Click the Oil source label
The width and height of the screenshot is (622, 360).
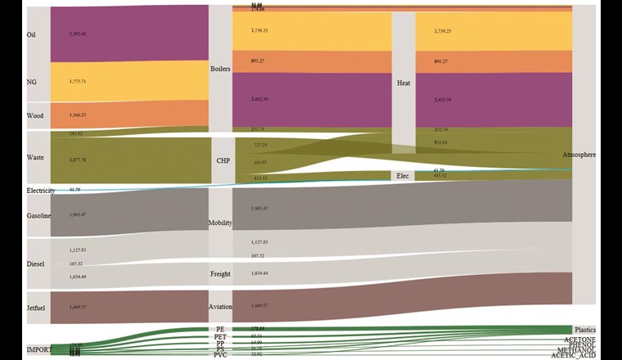click(x=31, y=35)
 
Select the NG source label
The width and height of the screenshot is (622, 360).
click(x=31, y=82)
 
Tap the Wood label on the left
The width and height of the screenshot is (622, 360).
click(x=34, y=115)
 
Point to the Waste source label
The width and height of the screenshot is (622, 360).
click(x=34, y=157)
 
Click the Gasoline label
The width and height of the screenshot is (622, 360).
click(x=38, y=215)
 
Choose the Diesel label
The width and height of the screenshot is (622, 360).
click(x=35, y=264)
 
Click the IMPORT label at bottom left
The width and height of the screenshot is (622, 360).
click(x=38, y=349)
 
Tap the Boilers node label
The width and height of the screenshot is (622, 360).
click(x=220, y=69)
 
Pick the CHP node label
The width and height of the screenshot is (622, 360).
click(x=223, y=160)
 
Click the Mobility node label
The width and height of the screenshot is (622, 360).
click(x=221, y=222)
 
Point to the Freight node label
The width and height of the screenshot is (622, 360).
click(x=221, y=274)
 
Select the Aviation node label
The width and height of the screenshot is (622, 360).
click(x=221, y=306)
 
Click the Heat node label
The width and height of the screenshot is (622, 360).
click(x=403, y=83)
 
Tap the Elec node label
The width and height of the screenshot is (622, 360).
click(x=403, y=176)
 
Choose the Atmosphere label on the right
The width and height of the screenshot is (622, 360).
click(x=579, y=155)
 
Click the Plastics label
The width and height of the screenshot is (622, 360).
click(x=585, y=330)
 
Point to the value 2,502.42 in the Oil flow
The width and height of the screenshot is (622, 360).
click(x=78, y=34)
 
